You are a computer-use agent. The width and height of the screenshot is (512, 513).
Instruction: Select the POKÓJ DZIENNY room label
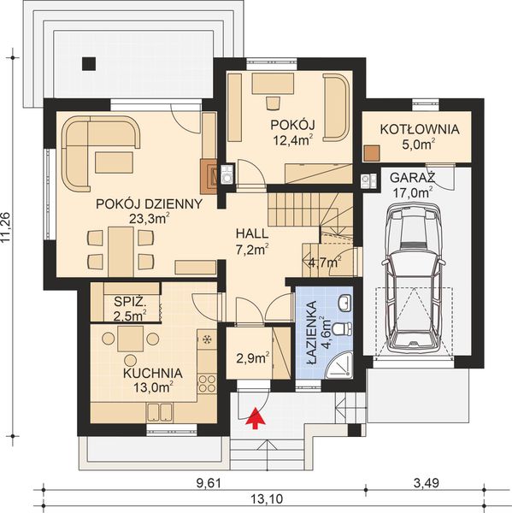[150, 204]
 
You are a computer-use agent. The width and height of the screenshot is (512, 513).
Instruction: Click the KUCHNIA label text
[151, 373]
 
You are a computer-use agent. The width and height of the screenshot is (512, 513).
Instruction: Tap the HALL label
[253, 233]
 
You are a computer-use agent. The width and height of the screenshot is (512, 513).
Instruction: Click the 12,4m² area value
[291, 139]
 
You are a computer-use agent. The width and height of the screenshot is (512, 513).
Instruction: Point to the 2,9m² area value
[253, 356]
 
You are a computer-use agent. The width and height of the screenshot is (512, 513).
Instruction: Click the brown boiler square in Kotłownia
[370, 155]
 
